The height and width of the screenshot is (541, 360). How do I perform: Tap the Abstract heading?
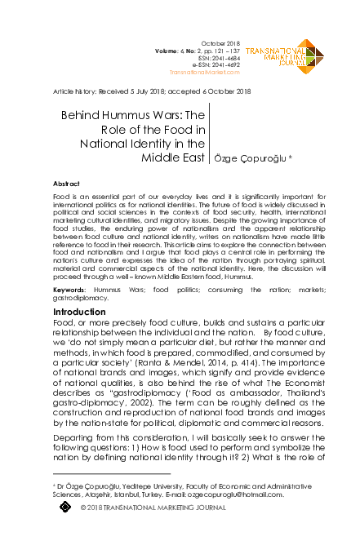tap(66, 185)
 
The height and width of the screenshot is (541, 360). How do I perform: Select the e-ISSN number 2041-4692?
tap(227, 66)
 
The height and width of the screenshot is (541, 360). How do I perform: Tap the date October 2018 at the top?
tap(220, 44)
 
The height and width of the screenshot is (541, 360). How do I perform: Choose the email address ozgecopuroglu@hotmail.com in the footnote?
tap(241, 494)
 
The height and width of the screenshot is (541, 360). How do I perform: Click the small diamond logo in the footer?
tap(66, 508)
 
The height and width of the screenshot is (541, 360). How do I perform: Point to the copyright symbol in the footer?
tap(84, 508)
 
